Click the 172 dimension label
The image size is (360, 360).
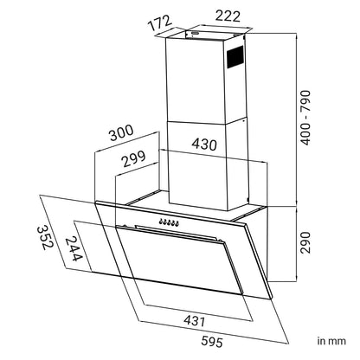pos(160,22)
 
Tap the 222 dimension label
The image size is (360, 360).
pos(228,16)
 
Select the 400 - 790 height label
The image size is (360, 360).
pos(305,118)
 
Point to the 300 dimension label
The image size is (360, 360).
pos(121,133)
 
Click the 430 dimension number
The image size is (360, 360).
pos(204,145)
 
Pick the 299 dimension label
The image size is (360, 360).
pos(133,159)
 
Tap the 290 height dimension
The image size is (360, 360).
pos(305,242)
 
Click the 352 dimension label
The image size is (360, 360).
pos(45,238)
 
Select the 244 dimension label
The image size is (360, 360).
pos(73,248)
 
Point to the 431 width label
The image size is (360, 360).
pos(195,320)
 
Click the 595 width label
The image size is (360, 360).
pos(212,342)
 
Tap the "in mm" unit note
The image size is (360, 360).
pos(331,341)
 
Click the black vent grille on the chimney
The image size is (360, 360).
pos(235,57)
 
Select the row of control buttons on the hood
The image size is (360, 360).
pos(169,222)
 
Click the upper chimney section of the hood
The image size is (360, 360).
pos(205,80)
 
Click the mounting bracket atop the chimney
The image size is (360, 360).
pos(215,34)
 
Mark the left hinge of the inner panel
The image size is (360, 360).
pos(125,225)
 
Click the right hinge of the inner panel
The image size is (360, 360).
pos(219,240)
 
